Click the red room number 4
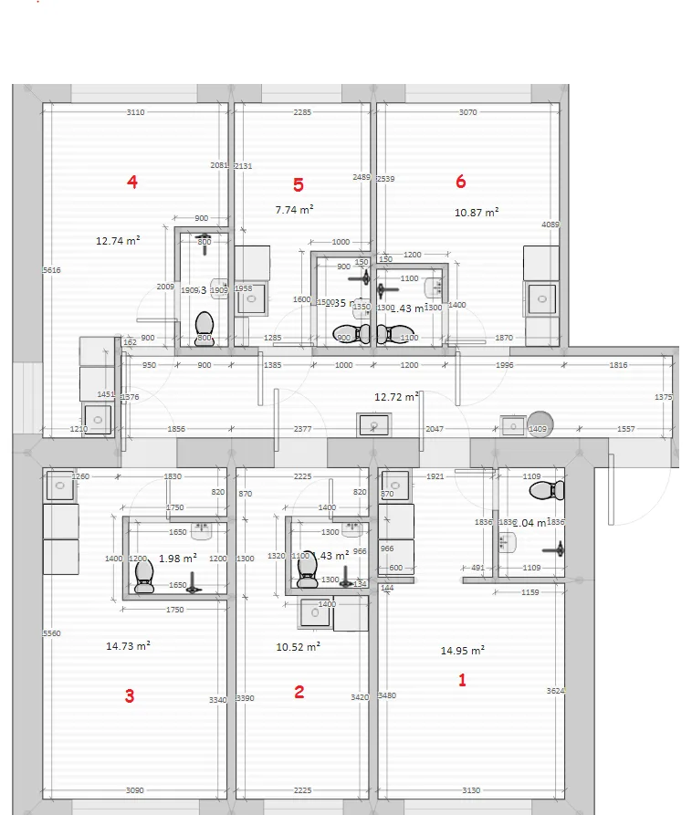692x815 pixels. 132,183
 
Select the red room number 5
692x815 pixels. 299,184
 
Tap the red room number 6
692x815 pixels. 460,182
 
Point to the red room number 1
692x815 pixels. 462,680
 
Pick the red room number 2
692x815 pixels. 299,692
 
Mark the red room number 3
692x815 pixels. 130,696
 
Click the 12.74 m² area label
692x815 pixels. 118,242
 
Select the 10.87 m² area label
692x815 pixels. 477,213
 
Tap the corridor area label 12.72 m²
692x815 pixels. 396,397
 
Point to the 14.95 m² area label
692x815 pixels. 462,651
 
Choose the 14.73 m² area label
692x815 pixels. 128,646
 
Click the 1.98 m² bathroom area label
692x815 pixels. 177,558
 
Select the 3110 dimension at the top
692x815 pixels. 135,112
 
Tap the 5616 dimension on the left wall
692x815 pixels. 51,270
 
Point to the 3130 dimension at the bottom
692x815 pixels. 471,790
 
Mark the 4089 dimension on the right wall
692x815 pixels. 550,225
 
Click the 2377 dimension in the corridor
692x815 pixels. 302,429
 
